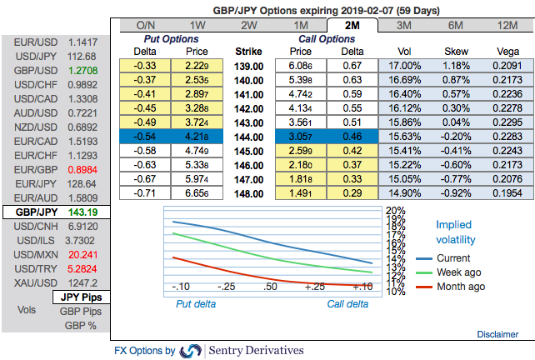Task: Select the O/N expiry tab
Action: pyautogui.click(x=145, y=26)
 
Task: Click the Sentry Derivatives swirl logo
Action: pyautogui.click(x=191, y=351)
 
